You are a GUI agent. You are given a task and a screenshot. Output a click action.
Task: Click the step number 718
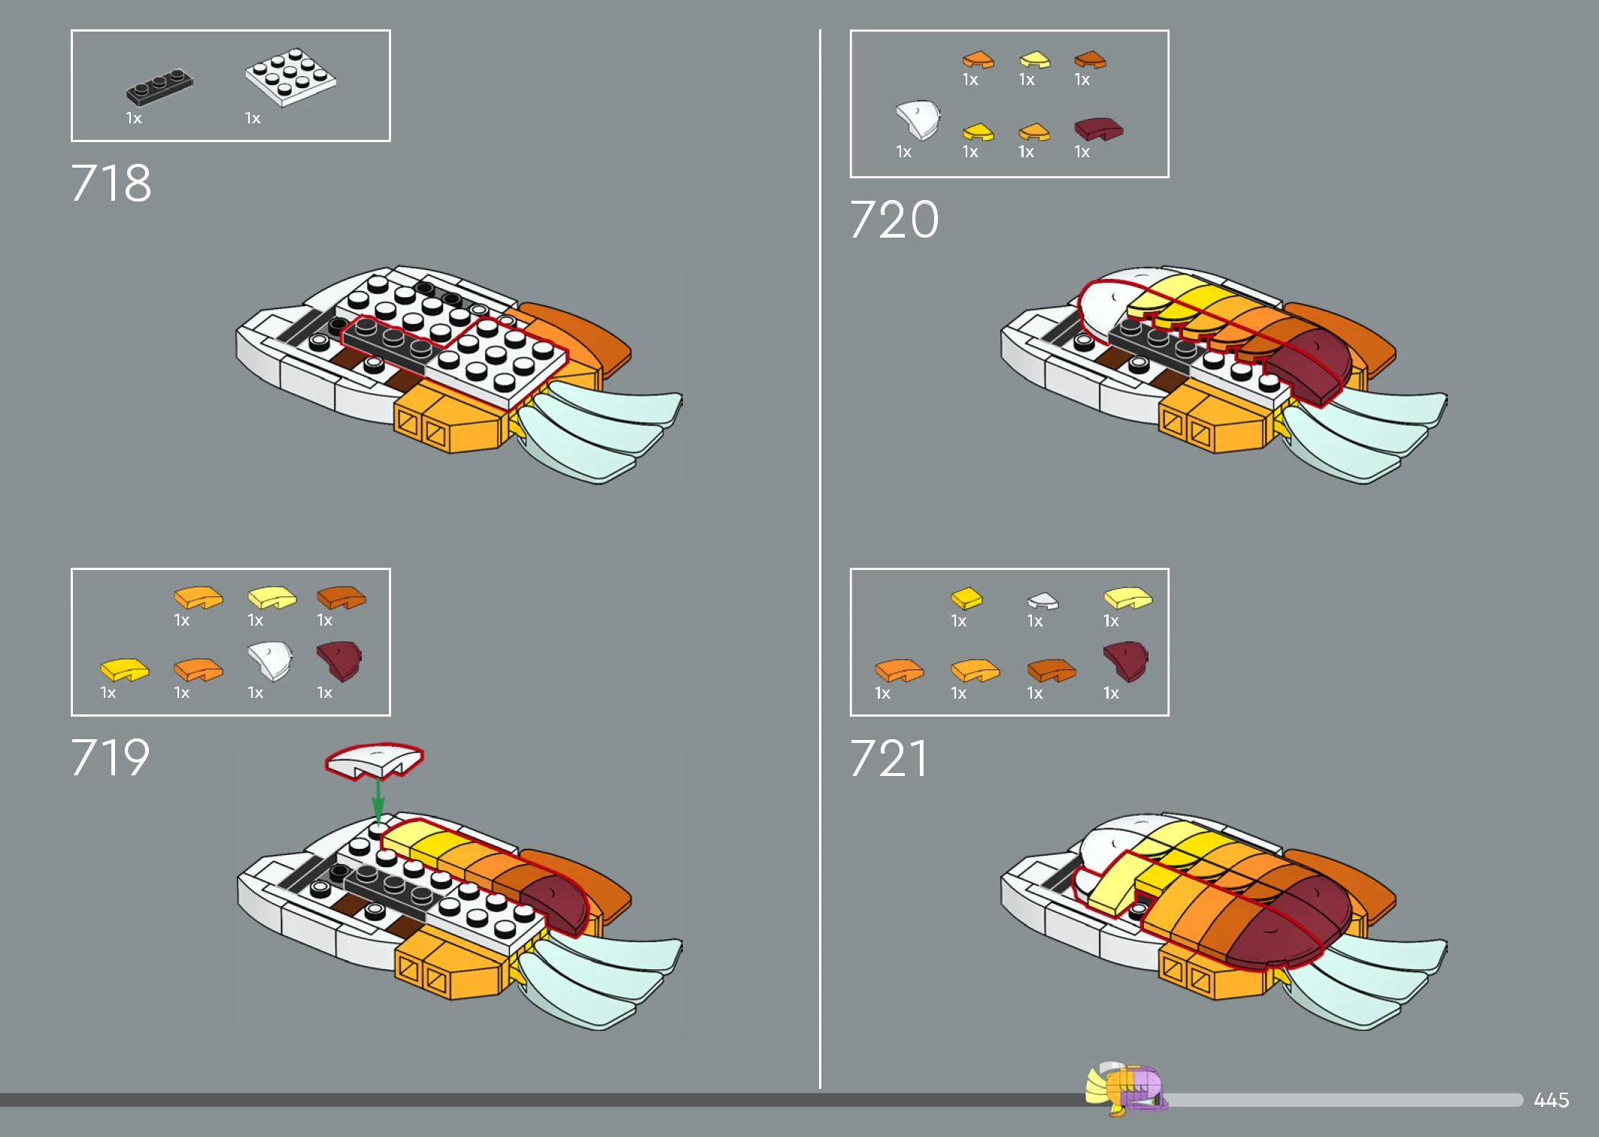pos(111,183)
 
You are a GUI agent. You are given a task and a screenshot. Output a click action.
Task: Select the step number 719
pos(111,757)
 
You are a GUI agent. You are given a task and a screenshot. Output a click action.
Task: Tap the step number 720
pos(894,220)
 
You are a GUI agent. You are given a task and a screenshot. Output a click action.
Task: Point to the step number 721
pos(888,758)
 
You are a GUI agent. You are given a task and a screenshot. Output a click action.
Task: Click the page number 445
pos(1551,1100)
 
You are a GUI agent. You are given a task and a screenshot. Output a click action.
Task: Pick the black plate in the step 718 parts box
pos(159,86)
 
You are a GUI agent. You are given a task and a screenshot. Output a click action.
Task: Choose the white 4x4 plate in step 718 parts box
pos(290,77)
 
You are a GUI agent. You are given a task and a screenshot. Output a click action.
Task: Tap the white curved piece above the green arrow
pos(375,760)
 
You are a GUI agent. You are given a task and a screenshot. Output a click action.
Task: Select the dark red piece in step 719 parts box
pos(339,660)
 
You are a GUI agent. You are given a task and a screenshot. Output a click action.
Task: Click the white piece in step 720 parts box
pos(918,120)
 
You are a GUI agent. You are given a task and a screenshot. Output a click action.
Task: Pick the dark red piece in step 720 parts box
pos(1098,129)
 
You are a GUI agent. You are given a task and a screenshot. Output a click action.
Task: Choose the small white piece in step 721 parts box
pos(1042,600)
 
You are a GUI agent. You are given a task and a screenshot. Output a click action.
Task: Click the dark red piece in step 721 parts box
pos(1125,660)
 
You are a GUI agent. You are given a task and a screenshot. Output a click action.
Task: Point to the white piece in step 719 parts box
pos(269,660)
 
